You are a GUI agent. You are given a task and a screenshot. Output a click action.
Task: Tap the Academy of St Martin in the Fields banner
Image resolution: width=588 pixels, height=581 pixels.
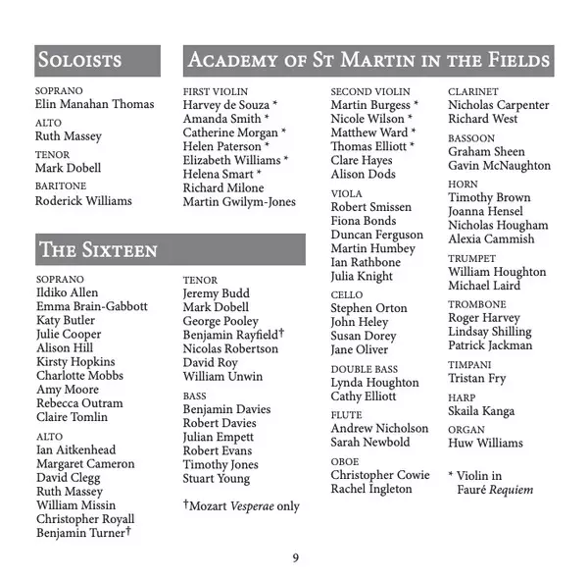coord(367,61)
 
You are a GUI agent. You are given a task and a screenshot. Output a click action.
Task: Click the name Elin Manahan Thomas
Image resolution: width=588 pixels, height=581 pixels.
coord(94,104)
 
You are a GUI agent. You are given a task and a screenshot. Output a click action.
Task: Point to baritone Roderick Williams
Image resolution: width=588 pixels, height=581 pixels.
coord(83,200)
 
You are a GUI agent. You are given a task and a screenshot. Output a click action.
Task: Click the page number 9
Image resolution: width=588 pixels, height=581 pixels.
coord(295,559)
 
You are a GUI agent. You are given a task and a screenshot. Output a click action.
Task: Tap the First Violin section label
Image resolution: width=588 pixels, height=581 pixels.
coord(215,91)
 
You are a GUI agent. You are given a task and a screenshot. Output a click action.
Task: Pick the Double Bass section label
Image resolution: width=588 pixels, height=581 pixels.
coord(364,368)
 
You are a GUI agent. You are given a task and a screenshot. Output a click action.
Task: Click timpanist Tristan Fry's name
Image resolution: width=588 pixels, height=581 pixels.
coord(476,378)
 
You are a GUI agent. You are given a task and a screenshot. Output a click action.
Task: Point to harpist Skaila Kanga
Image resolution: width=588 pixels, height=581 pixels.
coord(480,410)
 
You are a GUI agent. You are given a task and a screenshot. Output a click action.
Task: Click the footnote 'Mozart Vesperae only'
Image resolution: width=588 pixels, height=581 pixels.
coord(241,506)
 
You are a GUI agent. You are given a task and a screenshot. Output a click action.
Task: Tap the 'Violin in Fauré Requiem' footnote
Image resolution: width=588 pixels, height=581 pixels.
coord(490,482)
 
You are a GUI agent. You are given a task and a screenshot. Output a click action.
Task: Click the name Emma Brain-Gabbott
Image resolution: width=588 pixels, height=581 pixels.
coord(91,306)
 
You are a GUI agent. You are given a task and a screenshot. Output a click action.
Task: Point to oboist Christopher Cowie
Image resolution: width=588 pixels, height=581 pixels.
coord(379,475)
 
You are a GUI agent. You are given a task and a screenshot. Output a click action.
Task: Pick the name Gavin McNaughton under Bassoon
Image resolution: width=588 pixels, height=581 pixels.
coord(499,166)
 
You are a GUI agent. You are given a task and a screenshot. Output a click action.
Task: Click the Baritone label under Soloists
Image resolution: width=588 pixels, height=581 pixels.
coord(61,186)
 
